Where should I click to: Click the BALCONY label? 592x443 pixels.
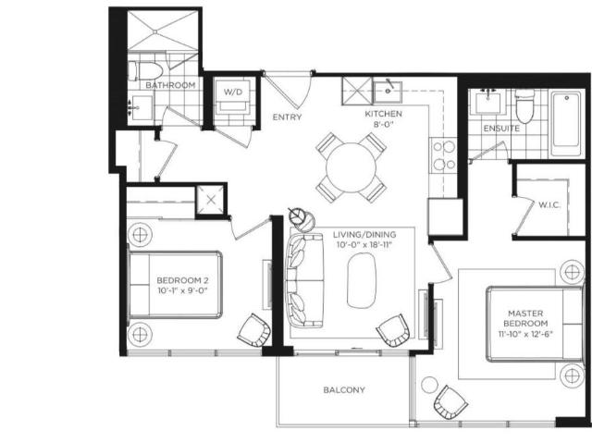[344, 389]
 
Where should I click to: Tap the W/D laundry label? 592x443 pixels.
[233, 92]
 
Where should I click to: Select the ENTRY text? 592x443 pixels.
[287, 117]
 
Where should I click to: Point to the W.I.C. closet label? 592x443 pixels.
[549, 205]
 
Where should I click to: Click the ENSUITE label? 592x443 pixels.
[501, 129]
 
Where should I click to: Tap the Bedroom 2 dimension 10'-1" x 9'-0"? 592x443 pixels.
[183, 290]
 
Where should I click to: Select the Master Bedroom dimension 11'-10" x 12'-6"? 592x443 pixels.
[525, 334]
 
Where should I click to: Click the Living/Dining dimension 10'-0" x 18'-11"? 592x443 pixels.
[364, 245]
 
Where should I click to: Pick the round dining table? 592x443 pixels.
[351, 167]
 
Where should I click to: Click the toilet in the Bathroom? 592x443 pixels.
[145, 71]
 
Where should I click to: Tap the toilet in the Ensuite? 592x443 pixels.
[525, 105]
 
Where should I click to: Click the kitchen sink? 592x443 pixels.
[388, 92]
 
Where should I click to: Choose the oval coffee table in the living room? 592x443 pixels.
[362, 280]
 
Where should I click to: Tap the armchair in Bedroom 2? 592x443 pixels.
[254, 330]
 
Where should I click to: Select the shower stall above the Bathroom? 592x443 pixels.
[163, 31]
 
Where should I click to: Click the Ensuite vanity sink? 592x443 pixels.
[488, 102]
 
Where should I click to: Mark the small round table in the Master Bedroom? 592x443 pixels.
[429, 385]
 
